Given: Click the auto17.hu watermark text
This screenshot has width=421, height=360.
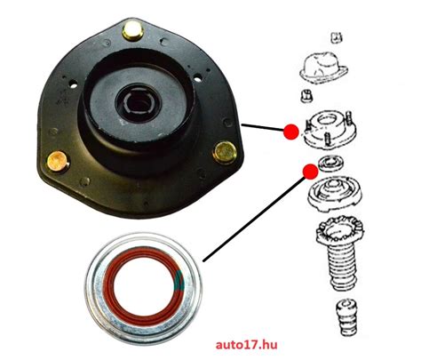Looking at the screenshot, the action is [x=246, y=345].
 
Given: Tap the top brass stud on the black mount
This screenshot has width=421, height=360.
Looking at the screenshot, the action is [x=133, y=31].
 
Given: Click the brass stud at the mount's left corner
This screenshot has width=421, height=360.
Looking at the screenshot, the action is [x=59, y=162].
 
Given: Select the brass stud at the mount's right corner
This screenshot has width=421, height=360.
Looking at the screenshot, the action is [x=225, y=152].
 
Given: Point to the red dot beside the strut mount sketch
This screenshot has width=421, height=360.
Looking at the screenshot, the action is [x=291, y=132].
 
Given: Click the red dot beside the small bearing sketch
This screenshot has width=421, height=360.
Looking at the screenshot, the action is [x=310, y=172].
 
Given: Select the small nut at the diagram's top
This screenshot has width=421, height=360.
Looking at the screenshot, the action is [x=336, y=37].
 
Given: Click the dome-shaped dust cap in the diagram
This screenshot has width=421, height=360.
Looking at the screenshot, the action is [x=323, y=68].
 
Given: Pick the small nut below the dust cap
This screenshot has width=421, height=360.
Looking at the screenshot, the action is [x=306, y=96].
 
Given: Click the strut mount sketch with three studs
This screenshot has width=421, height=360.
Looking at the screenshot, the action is [x=330, y=131].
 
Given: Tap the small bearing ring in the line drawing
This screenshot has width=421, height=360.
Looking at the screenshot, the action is [x=330, y=163].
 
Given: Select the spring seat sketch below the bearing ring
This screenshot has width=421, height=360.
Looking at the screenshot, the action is [x=336, y=195].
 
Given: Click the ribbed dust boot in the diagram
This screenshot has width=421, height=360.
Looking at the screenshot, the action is [x=340, y=254].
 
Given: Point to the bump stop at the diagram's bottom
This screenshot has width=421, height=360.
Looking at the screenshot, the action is [x=346, y=317].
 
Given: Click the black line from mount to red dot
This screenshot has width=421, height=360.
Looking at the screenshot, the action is [x=263, y=127].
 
